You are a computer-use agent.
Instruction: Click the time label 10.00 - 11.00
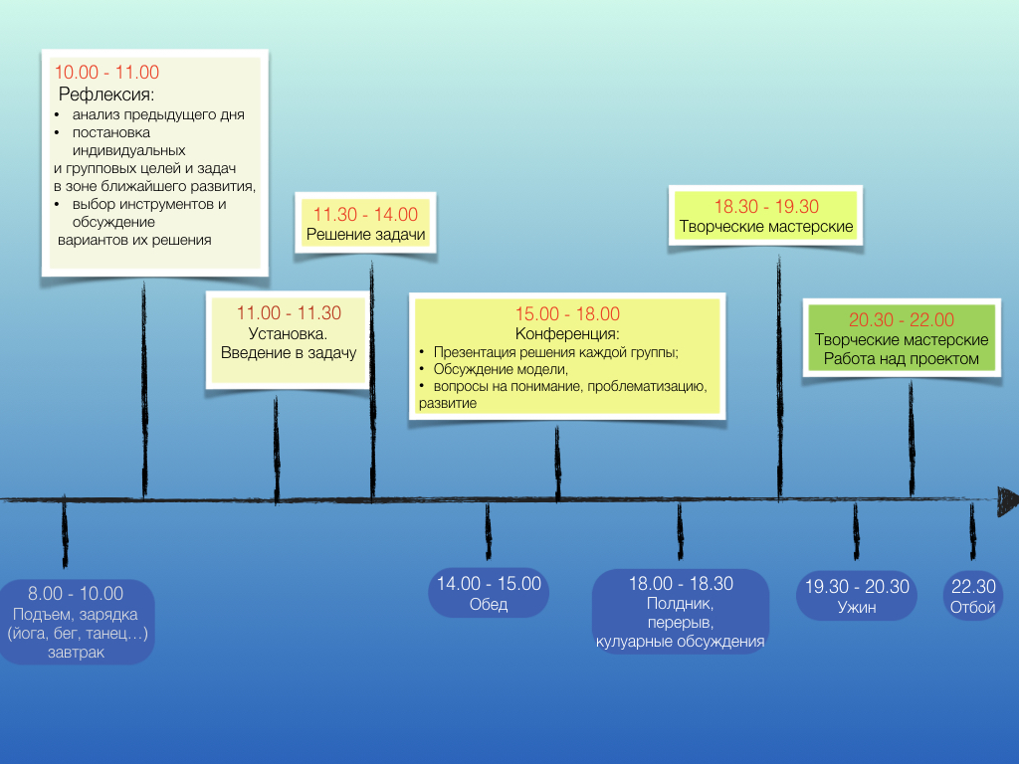pyautogui.click(x=106, y=72)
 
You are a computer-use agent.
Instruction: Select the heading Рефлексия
pyautogui.click(x=106, y=95)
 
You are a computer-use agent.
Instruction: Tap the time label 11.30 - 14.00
pyautogui.click(x=365, y=214)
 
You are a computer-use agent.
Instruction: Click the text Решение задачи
pyautogui.click(x=365, y=236)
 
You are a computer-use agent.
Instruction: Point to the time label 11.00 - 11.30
pyautogui.click(x=289, y=312)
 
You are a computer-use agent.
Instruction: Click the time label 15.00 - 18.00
pyautogui.click(x=567, y=313)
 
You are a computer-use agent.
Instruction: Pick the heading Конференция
pyautogui.click(x=567, y=333)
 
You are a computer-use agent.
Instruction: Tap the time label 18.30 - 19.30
pyautogui.click(x=766, y=206)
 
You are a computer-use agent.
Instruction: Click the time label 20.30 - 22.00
pyautogui.click(x=902, y=319)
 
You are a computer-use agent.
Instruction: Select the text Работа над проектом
pyautogui.click(x=902, y=359)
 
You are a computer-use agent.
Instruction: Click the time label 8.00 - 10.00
pyautogui.click(x=76, y=594)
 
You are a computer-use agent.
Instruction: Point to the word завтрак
pyautogui.click(x=76, y=653)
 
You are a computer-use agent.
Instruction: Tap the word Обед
pyautogui.click(x=489, y=605)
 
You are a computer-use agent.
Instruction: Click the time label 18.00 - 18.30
pyautogui.click(x=681, y=584)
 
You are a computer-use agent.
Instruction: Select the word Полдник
pyautogui.click(x=680, y=603)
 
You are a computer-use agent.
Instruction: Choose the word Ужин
pyautogui.click(x=857, y=607)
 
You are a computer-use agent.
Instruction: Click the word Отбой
pyautogui.click(x=972, y=607)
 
